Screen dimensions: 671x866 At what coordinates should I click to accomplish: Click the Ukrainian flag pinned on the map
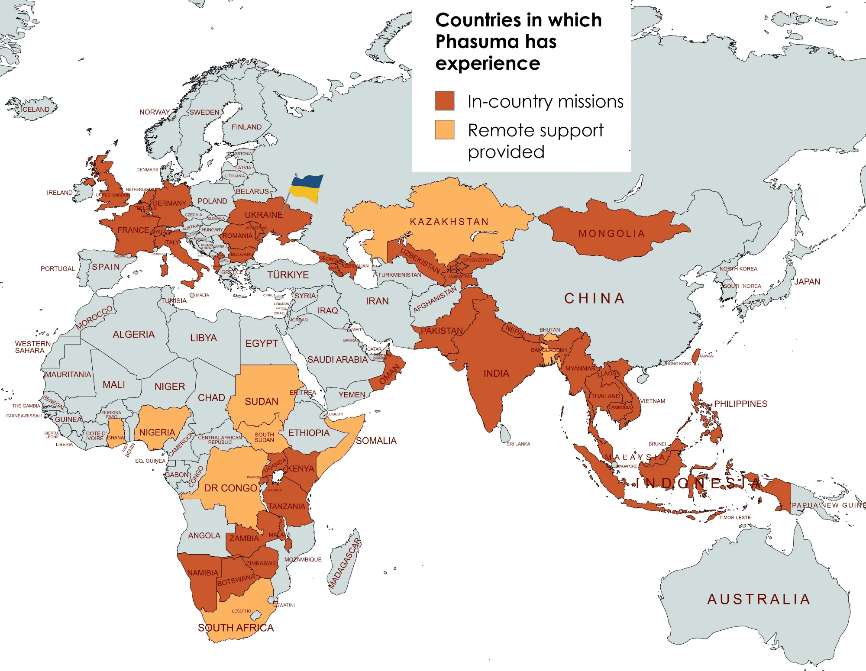pyautogui.click(x=307, y=188)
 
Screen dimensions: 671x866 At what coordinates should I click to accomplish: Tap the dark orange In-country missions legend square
pyautogui.click(x=444, y=101)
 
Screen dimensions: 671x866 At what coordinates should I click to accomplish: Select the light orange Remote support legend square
pyautogui.click(x=444, y=129)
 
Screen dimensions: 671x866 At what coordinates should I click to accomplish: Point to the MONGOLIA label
pyautogui.click(x=611, y=234)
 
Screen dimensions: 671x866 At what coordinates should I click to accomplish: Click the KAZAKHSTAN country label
pyautogui.click(x=449, y=222)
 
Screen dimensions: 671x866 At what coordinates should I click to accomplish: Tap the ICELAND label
pyautogui.click(x=35, y=110)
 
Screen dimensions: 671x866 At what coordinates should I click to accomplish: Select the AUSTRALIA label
pyautogui.click(x=758, y=599)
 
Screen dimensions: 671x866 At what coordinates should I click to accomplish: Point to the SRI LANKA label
pyautogui.click(x=518, y=444)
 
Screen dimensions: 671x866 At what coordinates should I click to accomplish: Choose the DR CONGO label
pyautogui.click(x=230, y=488)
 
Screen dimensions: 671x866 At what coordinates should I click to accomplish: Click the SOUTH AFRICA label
pyautogui.click(x=236, y=628)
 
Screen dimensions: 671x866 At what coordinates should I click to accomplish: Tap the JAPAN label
pyautogui.click(x=807, y=282)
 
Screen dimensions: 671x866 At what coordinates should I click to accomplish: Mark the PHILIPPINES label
pyautogui.click(x=740, y=404)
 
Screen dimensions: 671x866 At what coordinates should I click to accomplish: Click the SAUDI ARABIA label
pyautogui.click(x=337, y=360)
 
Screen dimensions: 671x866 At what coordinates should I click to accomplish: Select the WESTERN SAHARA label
pyautogui.click(x=32, y=347)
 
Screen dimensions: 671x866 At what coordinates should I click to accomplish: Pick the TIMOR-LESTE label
pyautogui.click(x=735, y=517)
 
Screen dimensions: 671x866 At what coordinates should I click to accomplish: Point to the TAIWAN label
pyautogui.click(x=706, y=356)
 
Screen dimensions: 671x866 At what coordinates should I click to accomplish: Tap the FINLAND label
pyautogui.click(x=246, y=127)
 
